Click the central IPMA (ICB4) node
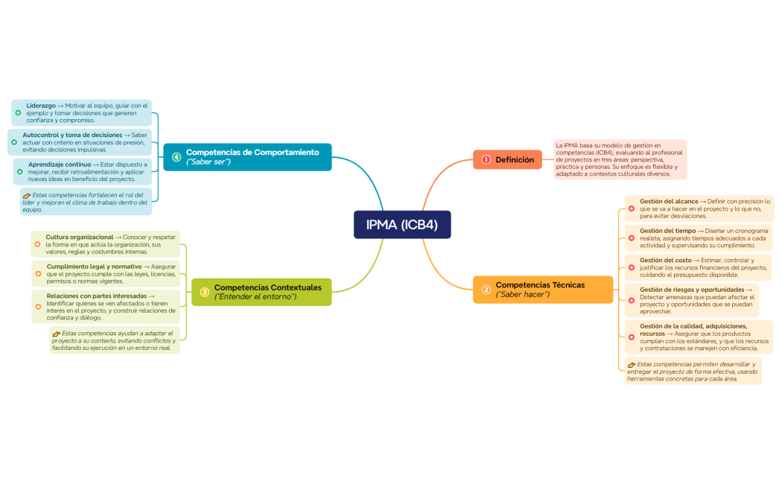pos(402,225)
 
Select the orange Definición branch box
pos(507,159)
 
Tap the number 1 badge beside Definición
pos(486,159)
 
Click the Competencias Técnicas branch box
pos(543,289)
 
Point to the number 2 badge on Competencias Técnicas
pos(486,290)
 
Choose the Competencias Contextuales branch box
pos(261,292)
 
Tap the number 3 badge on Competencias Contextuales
pos(204,292)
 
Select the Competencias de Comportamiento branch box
pos(247,157)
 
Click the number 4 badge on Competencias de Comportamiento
pos(177,157)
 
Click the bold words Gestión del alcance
pos(669,201)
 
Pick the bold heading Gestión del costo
pos(665,260)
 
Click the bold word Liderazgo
pos(41,106)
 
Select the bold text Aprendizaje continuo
pos(60,164)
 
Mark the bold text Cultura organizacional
pos(80,237)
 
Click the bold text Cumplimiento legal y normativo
pos(94,266)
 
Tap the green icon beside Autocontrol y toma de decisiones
pos(14,141)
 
